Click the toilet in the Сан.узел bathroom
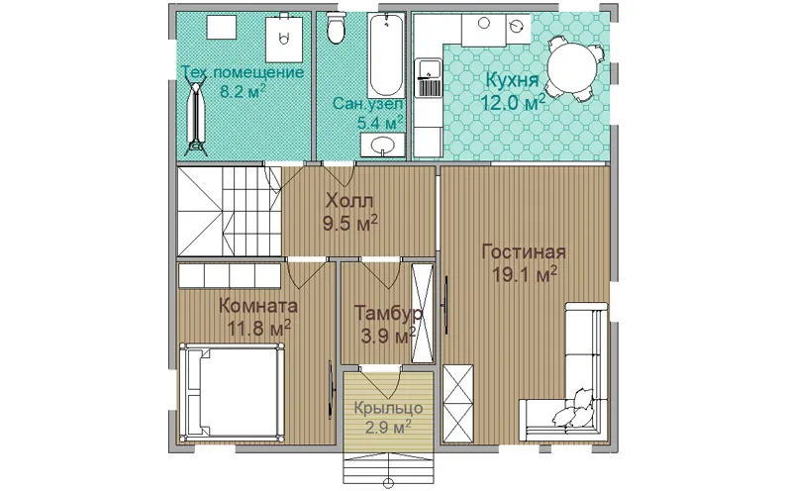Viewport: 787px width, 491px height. click(336, 28)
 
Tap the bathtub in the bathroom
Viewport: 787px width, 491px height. click(385, 55)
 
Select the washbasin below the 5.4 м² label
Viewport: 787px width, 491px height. click(382, 146)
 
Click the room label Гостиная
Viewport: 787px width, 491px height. click(523, 251)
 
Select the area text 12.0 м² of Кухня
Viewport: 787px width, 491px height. click(514, 102)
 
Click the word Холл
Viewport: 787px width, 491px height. click(349, 201)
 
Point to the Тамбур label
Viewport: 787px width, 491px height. click(388, 313)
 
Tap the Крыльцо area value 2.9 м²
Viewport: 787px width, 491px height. click(388, 428)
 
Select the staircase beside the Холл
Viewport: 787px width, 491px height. click(230, 212)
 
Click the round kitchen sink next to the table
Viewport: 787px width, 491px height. click(518, 24)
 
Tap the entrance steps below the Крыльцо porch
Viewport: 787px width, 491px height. click(388, 468)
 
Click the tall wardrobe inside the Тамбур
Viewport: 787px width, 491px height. click(422, 313)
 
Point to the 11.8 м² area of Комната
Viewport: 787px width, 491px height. click(259, 329)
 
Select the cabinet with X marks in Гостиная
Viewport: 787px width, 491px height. click(457, 404)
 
